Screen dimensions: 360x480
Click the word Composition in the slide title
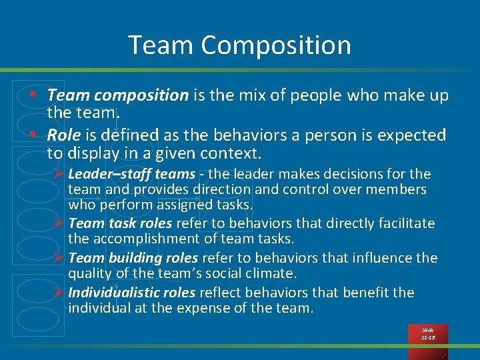[275, 45]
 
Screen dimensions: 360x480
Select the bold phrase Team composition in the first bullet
[118, 95]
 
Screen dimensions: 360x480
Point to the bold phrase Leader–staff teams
[131, 174]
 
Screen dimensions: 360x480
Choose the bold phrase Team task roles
[120, 223]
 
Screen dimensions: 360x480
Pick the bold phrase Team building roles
[133, 257]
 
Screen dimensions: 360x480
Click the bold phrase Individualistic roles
[131, 292]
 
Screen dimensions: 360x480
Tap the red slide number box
[427, 334]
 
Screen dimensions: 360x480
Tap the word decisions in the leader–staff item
[339, 174]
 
